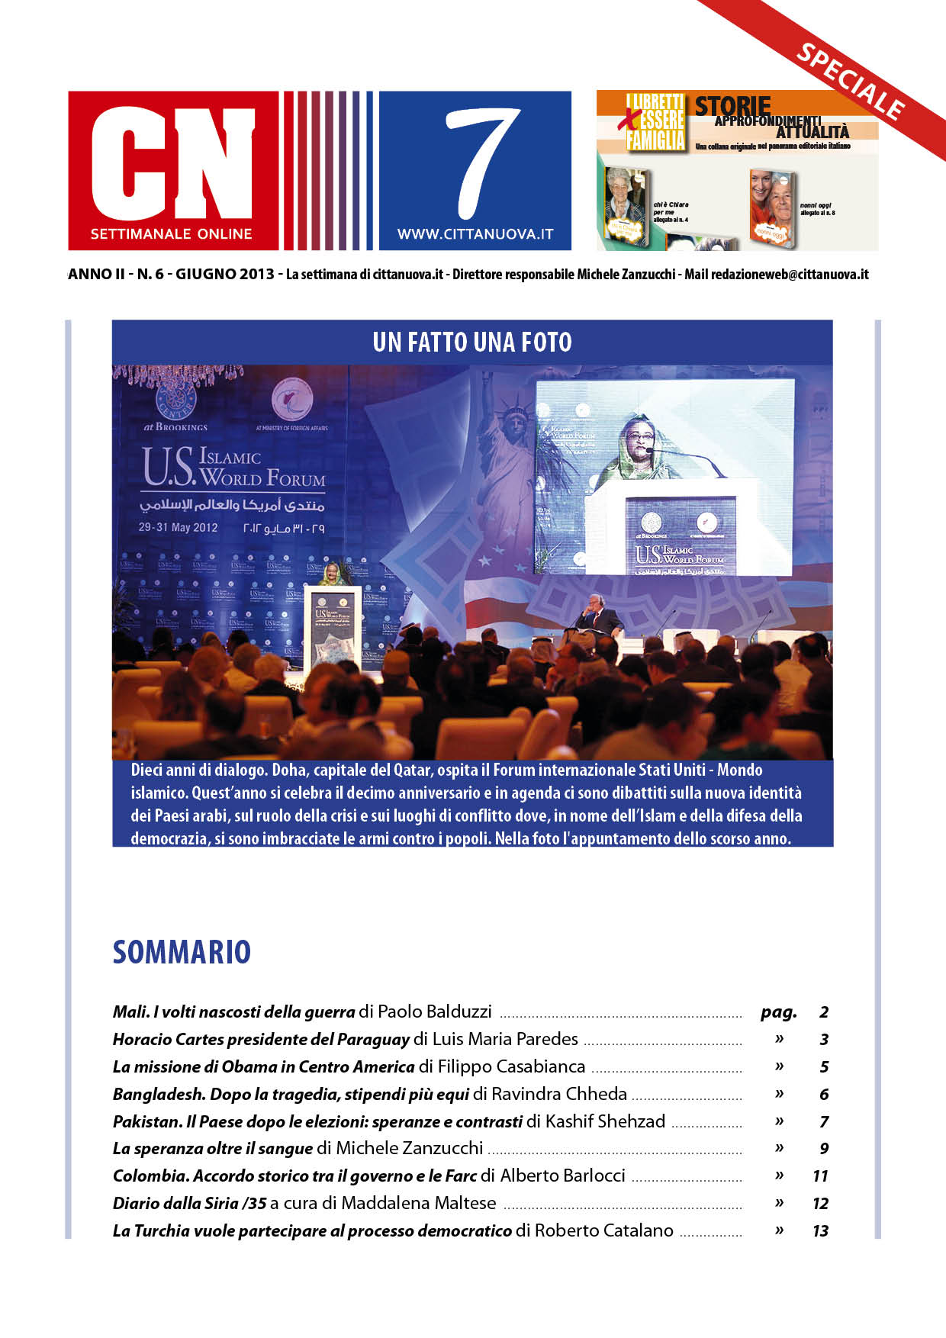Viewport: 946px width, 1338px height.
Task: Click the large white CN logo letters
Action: click(172, 162)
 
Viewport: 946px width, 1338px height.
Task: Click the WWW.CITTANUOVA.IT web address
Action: click(475, 234)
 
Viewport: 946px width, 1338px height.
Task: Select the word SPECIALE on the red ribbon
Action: click(850, 82)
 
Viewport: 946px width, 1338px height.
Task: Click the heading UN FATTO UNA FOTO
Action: click(472, 342)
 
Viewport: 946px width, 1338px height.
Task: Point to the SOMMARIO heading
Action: click(182, 952)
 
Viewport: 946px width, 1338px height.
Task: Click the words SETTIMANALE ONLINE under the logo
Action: click(172, 234)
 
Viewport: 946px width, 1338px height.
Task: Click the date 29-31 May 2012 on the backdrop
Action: click(178, 527)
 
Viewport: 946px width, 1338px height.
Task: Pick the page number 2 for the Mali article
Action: click(824, 1012)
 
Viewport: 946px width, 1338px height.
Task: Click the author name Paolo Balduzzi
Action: click(435, 1012)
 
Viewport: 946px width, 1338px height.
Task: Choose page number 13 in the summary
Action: click(820, 1230)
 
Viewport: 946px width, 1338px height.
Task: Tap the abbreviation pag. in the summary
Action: click(778, 1012)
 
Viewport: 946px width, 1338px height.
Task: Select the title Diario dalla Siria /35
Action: click(190, 1203)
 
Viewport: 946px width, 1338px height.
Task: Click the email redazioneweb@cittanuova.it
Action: click(790, 274)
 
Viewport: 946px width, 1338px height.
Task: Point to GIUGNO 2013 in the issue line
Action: click(224, 274)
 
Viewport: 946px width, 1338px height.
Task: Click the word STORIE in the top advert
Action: click(732, 106)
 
